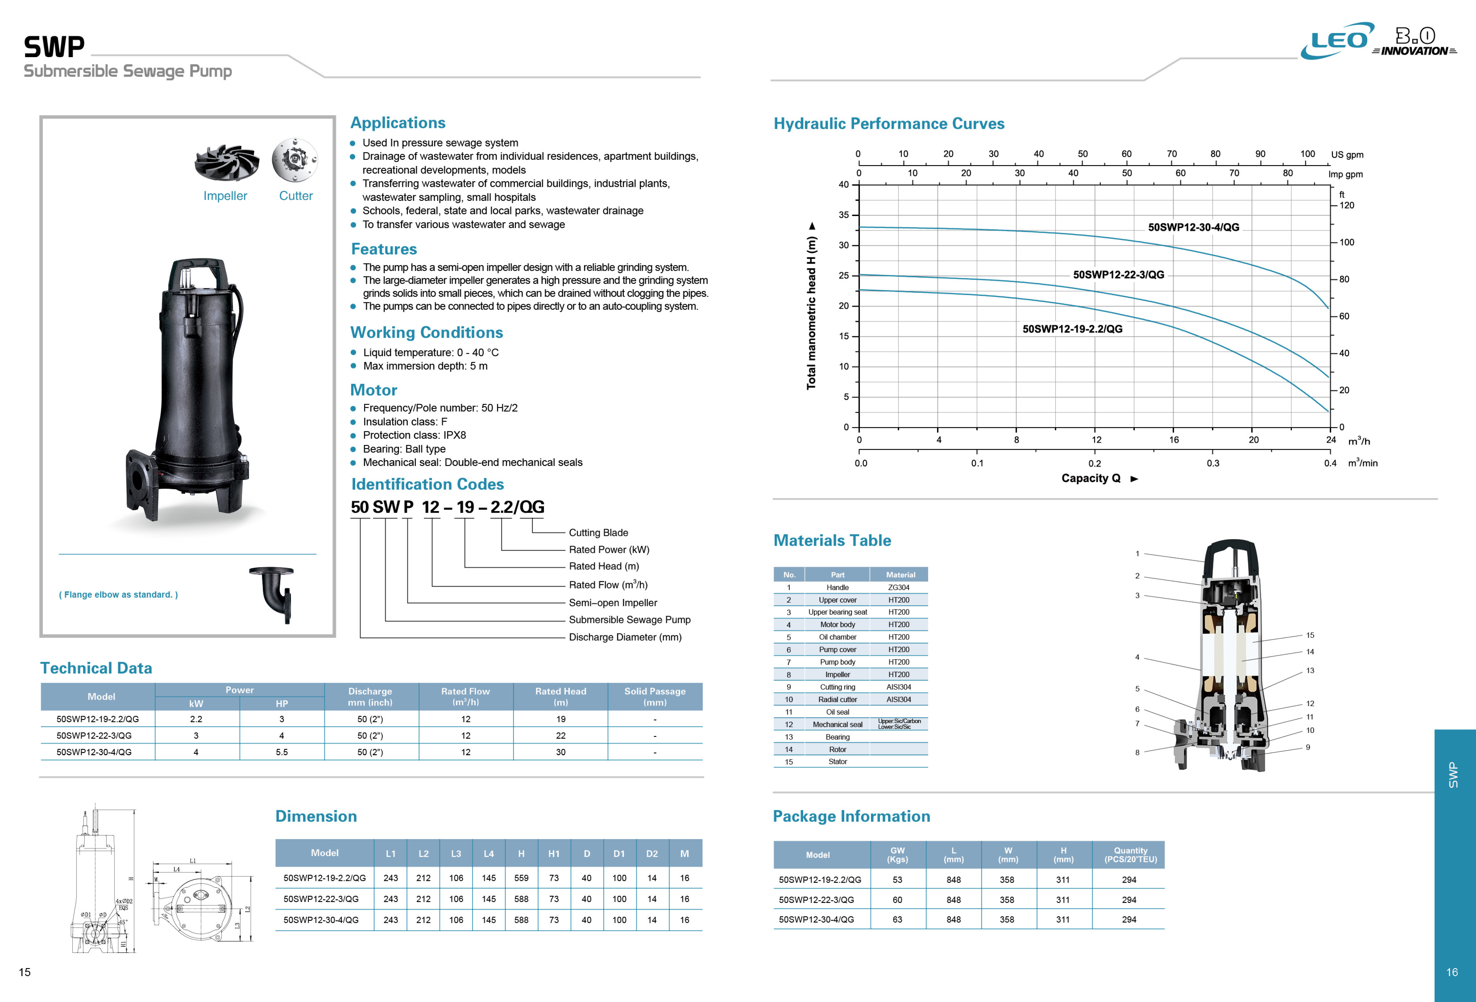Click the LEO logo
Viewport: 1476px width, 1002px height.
[x=1337, y=41]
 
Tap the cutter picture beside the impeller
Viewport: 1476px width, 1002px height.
[x=295, y=159]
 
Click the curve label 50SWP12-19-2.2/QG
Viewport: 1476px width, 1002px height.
[x=1072, y=329]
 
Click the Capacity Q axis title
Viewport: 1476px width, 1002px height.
[x=1090, y=478]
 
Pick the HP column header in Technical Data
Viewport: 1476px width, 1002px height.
[x=281, y=703]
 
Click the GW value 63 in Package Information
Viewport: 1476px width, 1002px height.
[x=897, y=919]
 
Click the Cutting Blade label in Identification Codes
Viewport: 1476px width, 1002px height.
[x=598, y=533]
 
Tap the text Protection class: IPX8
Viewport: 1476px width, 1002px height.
[x=414, y=435]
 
